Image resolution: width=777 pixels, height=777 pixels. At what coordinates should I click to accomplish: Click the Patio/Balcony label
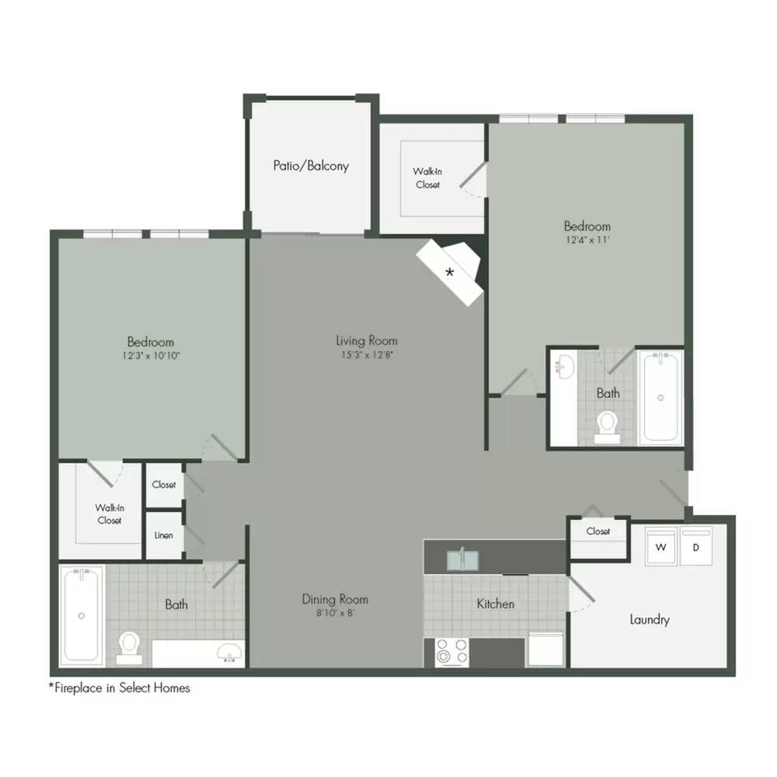(311, 166)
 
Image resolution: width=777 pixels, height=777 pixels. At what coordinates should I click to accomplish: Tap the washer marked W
(661, 545)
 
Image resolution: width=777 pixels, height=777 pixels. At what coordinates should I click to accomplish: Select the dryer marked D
(696, 545)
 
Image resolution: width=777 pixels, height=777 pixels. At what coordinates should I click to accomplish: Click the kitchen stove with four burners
(451, 652)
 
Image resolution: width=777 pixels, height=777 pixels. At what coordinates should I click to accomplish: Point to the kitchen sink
(463, 560)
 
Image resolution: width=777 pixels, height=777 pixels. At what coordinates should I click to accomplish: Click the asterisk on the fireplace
(449, 272)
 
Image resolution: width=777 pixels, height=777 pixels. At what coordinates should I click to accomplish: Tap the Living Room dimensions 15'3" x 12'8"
(367, 355)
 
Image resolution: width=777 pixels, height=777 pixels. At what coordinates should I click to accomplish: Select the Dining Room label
(335, 599)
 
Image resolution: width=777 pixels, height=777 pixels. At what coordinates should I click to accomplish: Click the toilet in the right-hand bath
(607, 427)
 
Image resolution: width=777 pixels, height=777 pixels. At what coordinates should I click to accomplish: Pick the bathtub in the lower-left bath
(82, 615)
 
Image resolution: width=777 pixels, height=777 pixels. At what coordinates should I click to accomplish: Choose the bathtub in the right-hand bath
(661, 396)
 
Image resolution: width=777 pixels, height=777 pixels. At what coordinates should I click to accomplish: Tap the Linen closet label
(163, 535)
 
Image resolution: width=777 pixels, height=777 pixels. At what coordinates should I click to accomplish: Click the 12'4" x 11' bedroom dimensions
(587, 240)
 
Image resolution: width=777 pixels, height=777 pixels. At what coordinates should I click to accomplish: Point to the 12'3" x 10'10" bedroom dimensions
(151, 355)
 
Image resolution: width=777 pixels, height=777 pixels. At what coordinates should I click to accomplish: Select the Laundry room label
(649, 619)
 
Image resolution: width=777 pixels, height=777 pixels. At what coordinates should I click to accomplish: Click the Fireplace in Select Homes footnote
(119, 688)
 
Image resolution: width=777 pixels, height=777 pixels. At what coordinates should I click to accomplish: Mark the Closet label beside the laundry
(598, 531)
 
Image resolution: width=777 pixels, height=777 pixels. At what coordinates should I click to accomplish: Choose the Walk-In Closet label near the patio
(427, 178)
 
